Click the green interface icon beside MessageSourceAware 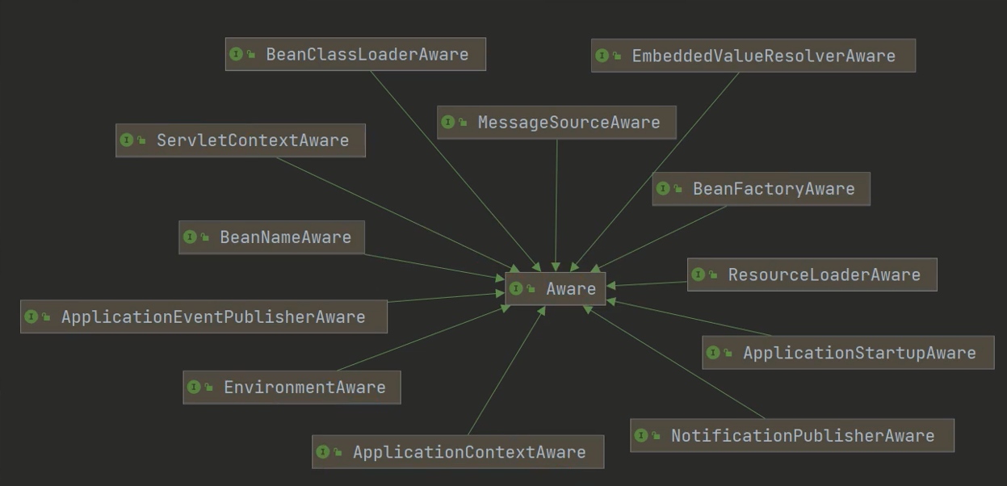[448, 123]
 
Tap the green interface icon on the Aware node [516, 289]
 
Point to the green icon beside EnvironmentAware [194, 388]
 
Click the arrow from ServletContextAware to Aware [396, 212]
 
